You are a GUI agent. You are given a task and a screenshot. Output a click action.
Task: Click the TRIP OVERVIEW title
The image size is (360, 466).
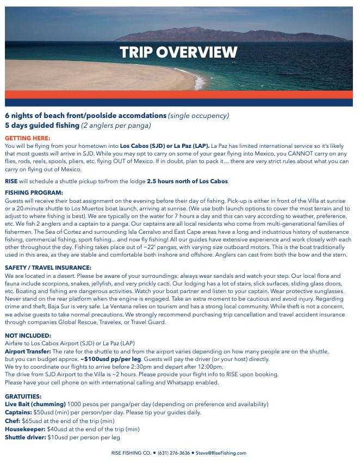tap(178, 53)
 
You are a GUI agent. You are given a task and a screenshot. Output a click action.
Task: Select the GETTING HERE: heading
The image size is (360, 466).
tap(27, 139)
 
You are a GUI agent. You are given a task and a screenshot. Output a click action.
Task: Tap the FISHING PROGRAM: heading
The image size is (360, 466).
tap(34, 192)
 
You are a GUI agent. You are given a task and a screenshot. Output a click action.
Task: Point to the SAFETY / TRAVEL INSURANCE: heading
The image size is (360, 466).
tap(48, 268)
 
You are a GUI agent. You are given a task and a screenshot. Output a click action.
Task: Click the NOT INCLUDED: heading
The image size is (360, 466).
tap(28, 336)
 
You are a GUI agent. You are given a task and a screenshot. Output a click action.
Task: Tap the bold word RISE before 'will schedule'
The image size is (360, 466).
tap(11, 181)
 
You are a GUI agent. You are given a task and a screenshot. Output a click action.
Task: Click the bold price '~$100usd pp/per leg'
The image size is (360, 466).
tap(111, 359)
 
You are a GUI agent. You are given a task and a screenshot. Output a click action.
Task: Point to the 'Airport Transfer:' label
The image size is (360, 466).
tap(27, 352)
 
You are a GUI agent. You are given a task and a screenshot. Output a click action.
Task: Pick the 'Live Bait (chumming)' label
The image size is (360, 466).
tap(35, 405)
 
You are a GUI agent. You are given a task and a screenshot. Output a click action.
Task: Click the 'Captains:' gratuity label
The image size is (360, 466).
tap(18, 413)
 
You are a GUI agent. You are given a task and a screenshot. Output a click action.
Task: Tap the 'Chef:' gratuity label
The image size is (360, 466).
tap(13, 421)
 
